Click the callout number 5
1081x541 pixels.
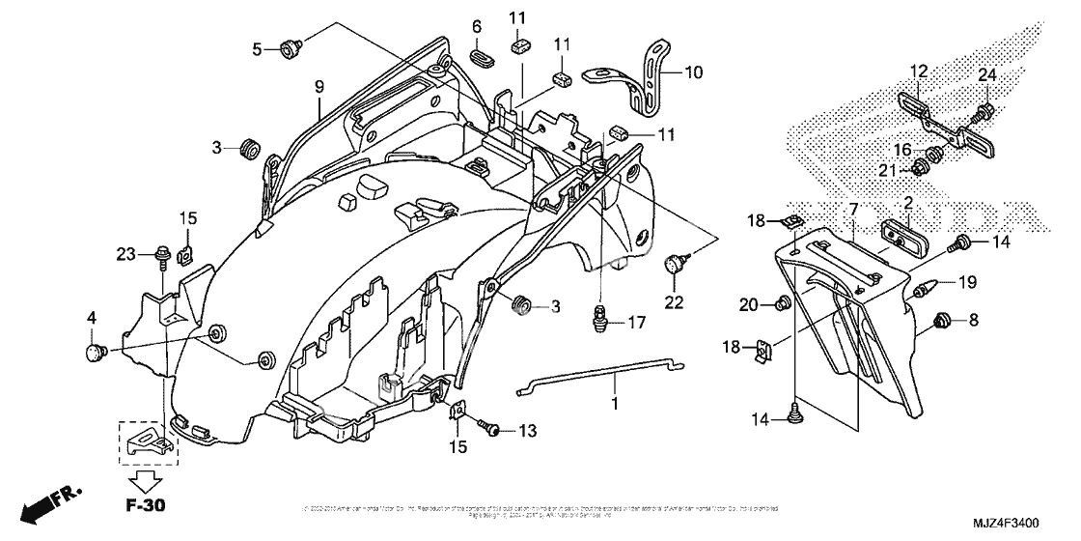pyautogui.click(x=257, y=47)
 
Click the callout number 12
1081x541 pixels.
pyautogui.click(x=918, y=71)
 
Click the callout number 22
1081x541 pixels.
pyautogui.click(x=673, y=302)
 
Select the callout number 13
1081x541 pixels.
pyautogui.click(x=526, y=430)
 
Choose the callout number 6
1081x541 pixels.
pyautogui.click(x=476, y=27)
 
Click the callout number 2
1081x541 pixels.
pyautogui.click(x=907, y=204)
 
